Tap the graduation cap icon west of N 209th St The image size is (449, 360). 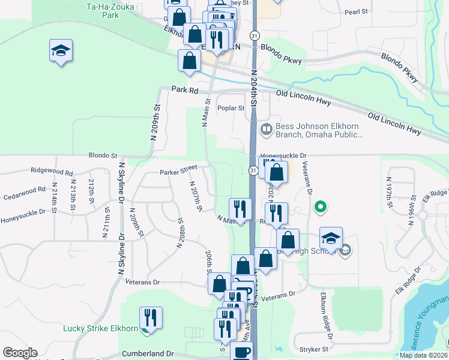[61, 50]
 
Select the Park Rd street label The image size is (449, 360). [184, 89]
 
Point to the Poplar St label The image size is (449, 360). [231, 109]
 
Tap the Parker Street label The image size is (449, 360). [178, 173]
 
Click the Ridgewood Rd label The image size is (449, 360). [52, 170]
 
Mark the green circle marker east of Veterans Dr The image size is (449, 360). [321, 208]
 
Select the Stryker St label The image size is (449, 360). [311, 348]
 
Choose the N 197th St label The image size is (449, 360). [390, 193]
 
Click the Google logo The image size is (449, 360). [20, 353]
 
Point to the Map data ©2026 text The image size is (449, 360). [423, 355]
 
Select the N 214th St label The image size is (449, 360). [55, 196]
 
